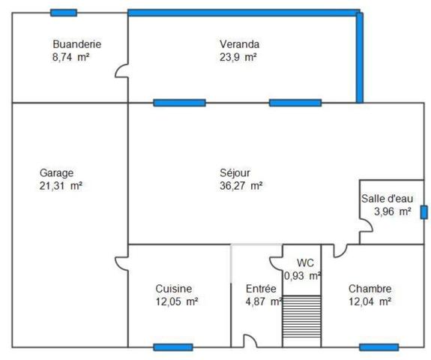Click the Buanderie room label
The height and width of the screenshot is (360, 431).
point(76,43)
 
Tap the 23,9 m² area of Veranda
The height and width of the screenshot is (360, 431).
point(239,57)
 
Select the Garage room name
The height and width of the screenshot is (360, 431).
point(56,172)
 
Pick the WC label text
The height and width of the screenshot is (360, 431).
point(305,262)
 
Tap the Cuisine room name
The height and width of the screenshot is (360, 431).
point(174,289)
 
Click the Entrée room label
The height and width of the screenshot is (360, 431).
point(261,289)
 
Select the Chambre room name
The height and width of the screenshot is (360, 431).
point(370,289)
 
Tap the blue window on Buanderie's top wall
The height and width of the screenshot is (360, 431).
point(64,13)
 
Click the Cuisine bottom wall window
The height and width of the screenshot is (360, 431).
point(173,347)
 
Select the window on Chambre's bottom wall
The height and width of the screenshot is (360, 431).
point(379,347)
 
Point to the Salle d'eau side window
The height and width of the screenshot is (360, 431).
point(424,212)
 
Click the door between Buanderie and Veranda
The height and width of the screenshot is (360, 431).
point(122,72)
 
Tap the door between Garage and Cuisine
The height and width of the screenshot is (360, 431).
point(121,264)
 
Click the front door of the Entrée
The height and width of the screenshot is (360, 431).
point(251,342)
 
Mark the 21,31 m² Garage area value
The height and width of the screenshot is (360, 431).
point(61,186)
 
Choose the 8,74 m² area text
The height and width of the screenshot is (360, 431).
point(70,57)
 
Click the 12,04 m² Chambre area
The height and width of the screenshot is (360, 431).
point(370,302)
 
